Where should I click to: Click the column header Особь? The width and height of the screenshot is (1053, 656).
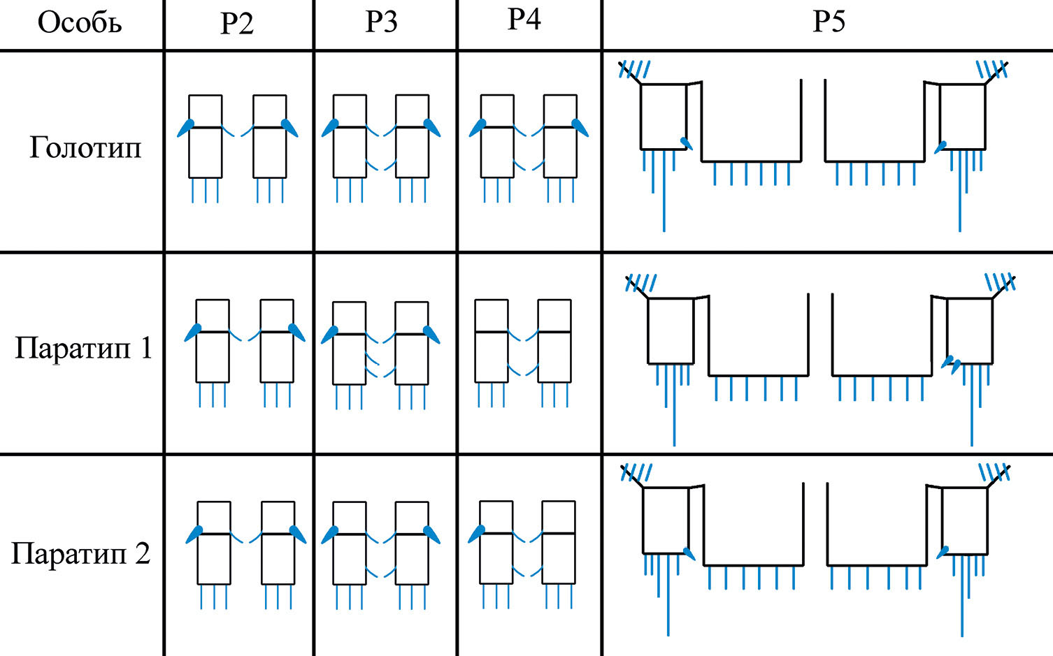click(x=80, y=23)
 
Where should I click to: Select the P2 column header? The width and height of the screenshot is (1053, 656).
click(x=237, y=23)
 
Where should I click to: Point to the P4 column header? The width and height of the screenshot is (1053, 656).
click(x=524, y=20)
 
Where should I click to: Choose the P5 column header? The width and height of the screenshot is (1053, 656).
click(x=829, y=22)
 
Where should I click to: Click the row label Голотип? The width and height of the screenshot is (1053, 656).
click(x=85, y=147)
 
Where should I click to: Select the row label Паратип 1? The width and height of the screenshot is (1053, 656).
click(x=83, y=347)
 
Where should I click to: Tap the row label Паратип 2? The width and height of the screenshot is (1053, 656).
click(x=81, y=553)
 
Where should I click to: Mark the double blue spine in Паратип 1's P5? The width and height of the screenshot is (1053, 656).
click(x=951, y=363)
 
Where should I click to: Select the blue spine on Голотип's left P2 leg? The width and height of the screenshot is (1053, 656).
click(x=186, y=127)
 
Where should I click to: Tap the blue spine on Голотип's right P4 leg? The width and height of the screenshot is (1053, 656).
click(x=580, y=127)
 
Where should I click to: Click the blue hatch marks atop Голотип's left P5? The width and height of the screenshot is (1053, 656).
click(x=635, y=69)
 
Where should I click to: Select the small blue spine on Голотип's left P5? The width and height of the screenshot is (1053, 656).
click(x=687, y=143)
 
